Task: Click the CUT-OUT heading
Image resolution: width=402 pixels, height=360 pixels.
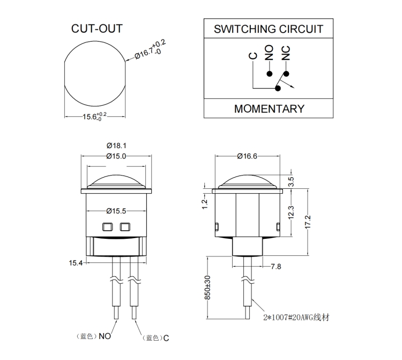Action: click(x=96, y=28)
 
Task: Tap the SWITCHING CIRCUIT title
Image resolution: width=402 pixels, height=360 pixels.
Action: click(x=269, y=28)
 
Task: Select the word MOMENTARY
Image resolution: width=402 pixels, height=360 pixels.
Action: click(x=269, y=108)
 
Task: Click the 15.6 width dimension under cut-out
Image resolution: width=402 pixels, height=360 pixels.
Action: click(x=94, y=117)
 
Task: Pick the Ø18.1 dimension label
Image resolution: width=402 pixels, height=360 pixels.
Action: click(x=116, y=145)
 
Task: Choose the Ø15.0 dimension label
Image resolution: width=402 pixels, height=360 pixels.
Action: click(x=116, y=156)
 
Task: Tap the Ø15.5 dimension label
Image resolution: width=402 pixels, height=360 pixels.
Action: click(x=116, y=210)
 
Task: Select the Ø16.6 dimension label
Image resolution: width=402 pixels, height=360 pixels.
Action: click(x=247, y=156)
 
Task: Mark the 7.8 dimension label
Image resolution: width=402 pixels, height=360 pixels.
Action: click(x=277, y=266)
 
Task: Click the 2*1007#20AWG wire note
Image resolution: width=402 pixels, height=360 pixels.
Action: click(x=296, y=317)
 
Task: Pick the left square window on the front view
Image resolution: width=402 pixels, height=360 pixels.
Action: click(x=106, y=226)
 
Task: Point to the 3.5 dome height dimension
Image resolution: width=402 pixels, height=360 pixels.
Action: click(x=291, y=181)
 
